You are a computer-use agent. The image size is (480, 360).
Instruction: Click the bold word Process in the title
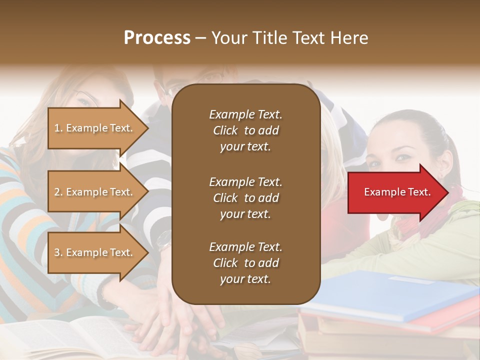point(157,38)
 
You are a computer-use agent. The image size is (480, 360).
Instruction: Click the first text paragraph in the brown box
point(245,130)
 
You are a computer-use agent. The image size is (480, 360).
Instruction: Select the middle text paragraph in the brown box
point(245,198)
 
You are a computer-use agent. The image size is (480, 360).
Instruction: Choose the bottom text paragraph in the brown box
point(245,263)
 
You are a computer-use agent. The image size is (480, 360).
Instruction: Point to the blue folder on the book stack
point(390,295)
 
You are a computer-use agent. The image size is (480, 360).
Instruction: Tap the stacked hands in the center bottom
point(175,320)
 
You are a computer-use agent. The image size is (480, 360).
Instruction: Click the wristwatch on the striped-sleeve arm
point(164,240)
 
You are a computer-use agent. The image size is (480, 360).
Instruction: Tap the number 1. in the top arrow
point(58,128)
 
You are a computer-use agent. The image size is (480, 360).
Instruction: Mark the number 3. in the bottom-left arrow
point(58,252)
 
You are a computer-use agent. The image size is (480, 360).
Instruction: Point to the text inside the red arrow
point(397,192)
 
